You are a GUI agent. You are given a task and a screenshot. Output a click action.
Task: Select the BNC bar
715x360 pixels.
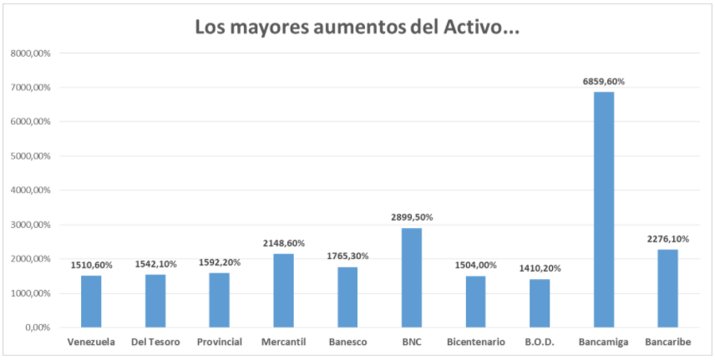click(x=412, y=277)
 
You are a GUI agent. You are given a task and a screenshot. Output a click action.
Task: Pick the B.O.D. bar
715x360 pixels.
click(x=540, y=302)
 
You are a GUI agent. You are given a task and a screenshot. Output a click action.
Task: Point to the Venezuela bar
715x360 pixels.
click(x=91, y=301)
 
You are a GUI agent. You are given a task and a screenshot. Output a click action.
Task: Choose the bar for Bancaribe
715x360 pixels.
click(x=667, y=288)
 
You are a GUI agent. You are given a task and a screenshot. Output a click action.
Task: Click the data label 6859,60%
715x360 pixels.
click(x=604, y=81)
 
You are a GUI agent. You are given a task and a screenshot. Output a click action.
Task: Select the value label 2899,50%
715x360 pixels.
click(x=412, y=217)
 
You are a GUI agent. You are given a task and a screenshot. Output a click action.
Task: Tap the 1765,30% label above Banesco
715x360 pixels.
click(x=348, y=256)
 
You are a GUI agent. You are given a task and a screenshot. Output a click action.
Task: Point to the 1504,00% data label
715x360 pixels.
click(x=476, y=265)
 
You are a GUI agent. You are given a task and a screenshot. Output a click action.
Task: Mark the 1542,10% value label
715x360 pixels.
click(x=155, y=264)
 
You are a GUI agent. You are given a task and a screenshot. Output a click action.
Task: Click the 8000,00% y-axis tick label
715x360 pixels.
click(x=32, y=53)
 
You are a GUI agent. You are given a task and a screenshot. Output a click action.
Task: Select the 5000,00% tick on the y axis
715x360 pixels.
click(x=32, y=156)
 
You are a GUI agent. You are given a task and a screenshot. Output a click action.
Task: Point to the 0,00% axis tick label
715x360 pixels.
click(x=38, y=327)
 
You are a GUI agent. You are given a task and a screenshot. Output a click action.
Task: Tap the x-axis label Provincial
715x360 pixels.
click(x=220, y=342)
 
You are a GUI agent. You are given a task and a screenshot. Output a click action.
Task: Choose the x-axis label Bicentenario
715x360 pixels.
click(x=476, y=342)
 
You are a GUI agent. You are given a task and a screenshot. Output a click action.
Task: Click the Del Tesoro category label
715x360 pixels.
click(x=155, y=342)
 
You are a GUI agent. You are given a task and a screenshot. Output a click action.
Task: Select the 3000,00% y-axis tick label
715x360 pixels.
click(x=32, y=225)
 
